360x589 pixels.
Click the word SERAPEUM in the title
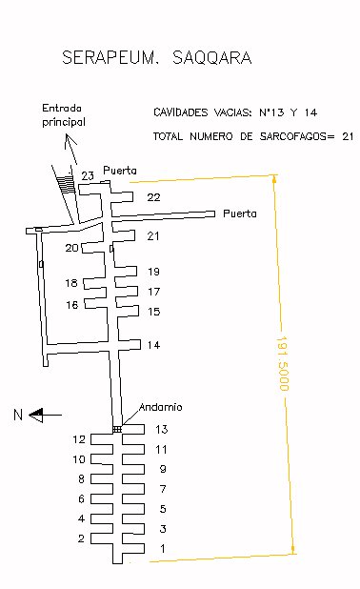(108, 57)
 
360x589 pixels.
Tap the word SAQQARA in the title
(211, 57)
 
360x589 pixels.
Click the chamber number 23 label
(88, 175)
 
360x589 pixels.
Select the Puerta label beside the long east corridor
(240, 213)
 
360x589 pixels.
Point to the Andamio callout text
(161, 407)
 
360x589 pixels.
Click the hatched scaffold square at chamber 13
(117, 429)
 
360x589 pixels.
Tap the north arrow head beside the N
(36, 416)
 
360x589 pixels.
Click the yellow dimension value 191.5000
(282, 363)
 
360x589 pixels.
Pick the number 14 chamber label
(153, 345)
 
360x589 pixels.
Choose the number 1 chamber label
(163, 548)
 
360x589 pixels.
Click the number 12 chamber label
(79, 439)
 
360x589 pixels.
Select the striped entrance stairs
(67, 184)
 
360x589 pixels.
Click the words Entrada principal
(64, 115)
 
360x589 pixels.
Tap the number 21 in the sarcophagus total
(348, 136)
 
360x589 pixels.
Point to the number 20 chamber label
(71, 248)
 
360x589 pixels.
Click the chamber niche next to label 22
(122, 197)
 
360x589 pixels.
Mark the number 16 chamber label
(72, 305)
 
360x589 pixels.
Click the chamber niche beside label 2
(102, 538)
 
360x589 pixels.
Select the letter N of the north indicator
(18, 415)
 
